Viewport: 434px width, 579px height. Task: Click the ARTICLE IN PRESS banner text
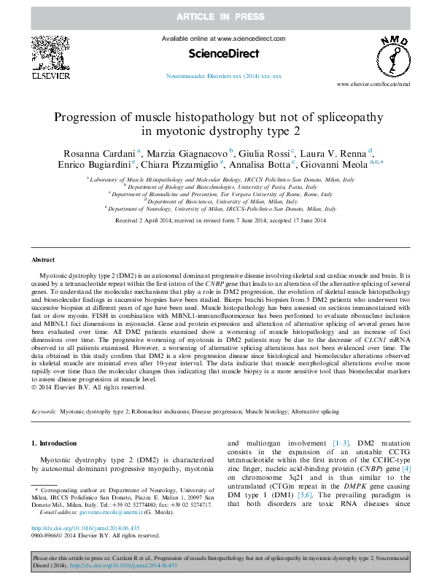point(217,15)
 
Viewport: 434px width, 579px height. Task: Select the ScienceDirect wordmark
point(217,53)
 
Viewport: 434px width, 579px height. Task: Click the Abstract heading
point(43,260)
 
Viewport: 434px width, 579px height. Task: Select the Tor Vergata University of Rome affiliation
point(220,194)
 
